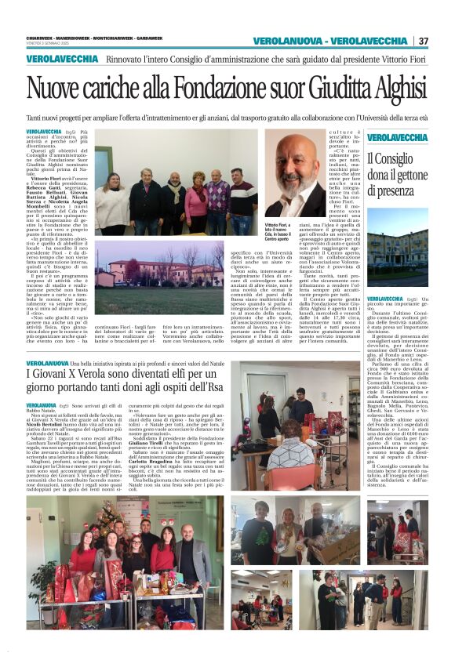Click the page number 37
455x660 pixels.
click(x=424, y=41)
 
